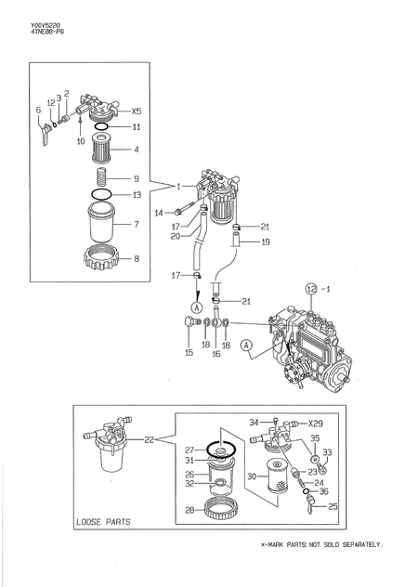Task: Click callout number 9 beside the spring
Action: coord(136,179)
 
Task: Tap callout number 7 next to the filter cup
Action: coord(136,224)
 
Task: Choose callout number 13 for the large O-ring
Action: coord(137,195)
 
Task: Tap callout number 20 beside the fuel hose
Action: coord(175,236)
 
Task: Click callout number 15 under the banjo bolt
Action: coord(189,353)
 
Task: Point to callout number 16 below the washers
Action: coord(216,354)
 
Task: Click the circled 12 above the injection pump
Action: coord(311,288)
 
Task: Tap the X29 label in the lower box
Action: coord(317,423)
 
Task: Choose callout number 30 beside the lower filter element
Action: coord(251,476)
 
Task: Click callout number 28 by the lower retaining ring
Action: coord(189,510)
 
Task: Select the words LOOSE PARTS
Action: coord(103,522)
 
